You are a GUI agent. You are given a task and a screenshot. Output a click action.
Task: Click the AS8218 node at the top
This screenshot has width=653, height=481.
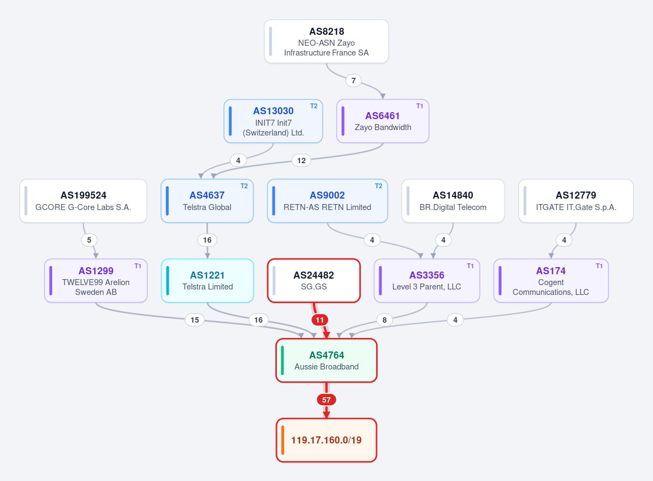(x=326, y=41)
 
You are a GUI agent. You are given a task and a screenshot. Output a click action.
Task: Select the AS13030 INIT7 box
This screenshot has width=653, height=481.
(x=273, y=121)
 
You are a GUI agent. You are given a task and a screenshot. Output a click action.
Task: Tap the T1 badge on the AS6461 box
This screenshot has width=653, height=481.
(x=420, y=106)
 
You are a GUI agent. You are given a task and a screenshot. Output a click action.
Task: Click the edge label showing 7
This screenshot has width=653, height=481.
(x=353, y=81)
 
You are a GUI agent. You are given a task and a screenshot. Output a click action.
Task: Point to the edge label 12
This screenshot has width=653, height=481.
(x=301, y=161)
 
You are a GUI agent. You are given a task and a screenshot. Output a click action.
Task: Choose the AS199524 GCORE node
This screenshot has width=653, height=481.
(x=83, y=201)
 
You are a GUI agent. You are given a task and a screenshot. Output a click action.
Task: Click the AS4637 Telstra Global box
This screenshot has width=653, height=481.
(x=207, y=201)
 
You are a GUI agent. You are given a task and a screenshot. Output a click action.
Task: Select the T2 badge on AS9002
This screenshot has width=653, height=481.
(x=378, y=186)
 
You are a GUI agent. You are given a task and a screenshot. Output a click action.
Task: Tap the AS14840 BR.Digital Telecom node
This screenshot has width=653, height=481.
(x=453, y=201)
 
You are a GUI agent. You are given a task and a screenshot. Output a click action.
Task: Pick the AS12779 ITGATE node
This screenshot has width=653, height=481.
(x=576, y=201)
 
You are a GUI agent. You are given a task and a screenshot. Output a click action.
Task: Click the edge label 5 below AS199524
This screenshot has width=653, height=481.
(x=89, y=240)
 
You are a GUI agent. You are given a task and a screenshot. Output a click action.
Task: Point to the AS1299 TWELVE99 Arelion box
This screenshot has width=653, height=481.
(x=96, y=280)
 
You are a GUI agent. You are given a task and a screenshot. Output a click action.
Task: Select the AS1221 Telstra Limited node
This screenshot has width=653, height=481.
(x=207, y=280)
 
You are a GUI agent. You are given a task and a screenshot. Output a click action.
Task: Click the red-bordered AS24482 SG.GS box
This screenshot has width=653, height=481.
(x=313, y=280)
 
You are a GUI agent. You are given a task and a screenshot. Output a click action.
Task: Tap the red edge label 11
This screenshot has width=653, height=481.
(x=319, y=320)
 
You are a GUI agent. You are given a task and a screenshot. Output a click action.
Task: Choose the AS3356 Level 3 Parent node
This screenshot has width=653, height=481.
(x=427, y=280)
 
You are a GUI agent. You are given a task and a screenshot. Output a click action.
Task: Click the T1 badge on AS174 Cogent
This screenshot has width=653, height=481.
(x=599, y=266)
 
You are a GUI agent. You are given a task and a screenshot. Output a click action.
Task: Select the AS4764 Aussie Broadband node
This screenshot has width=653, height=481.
(x=326, y=360)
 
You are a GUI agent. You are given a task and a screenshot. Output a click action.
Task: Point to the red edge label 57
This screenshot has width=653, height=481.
(x=326, y=400)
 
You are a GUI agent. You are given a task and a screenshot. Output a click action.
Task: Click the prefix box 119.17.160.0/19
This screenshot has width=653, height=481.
(x=326, y=440)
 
